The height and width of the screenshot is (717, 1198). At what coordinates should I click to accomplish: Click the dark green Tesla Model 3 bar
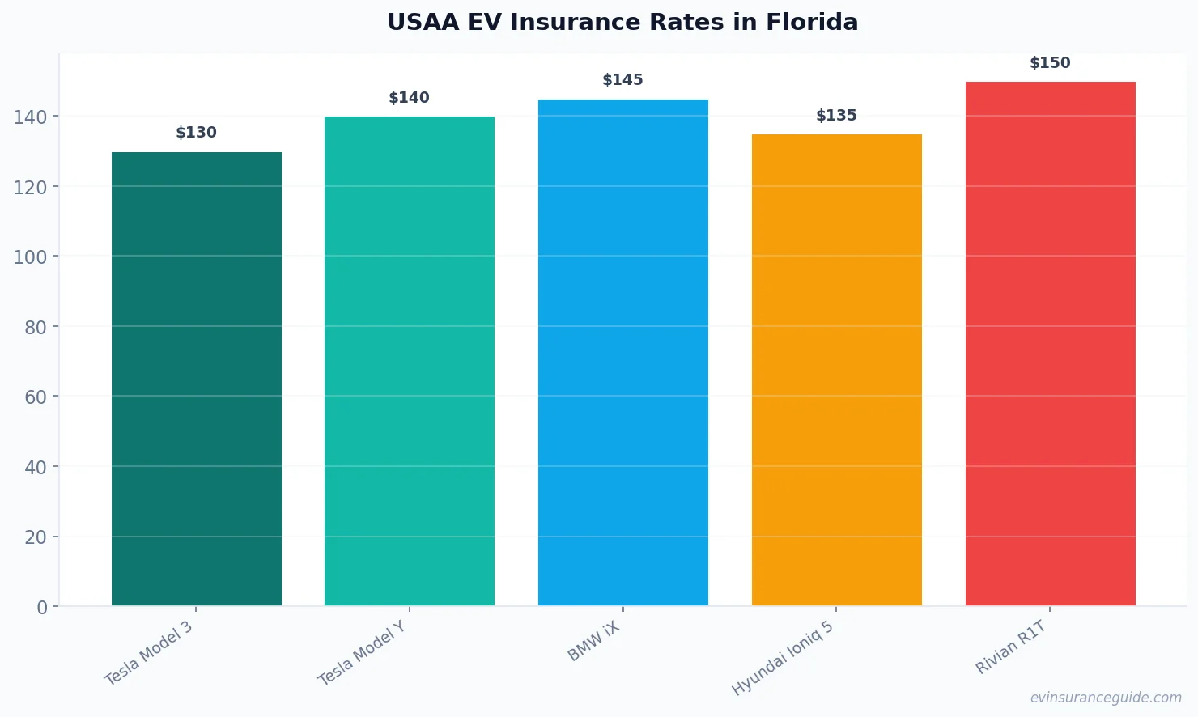197,379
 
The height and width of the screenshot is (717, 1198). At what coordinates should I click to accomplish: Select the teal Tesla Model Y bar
410,361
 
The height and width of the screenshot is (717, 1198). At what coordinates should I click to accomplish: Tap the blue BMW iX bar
623,352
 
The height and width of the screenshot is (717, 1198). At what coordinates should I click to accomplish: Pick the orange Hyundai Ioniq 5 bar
836,370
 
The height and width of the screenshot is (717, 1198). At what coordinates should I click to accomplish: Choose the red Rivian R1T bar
1050,343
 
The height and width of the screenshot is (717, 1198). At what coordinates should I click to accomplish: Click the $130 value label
197,133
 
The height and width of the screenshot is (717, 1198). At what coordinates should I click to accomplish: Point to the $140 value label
410,98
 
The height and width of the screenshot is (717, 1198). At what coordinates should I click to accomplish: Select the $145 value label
623,80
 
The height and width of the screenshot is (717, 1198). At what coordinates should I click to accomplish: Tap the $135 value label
836,116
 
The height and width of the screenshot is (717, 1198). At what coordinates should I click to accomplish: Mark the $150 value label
1050,63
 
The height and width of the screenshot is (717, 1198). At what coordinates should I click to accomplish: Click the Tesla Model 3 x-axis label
149,653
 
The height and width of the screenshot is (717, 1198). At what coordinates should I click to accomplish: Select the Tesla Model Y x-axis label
362,653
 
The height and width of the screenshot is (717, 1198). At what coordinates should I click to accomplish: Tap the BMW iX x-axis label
593,642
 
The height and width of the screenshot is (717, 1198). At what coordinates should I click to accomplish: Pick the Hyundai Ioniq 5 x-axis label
783,658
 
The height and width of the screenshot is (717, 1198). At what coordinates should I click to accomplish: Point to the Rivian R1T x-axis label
1012,647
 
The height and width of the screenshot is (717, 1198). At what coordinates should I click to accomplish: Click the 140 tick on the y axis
30,117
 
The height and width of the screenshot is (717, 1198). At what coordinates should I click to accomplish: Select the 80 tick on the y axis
35,327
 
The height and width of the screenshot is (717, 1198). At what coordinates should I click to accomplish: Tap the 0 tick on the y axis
42,608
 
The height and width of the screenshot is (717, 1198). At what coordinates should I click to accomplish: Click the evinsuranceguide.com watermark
1106,698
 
